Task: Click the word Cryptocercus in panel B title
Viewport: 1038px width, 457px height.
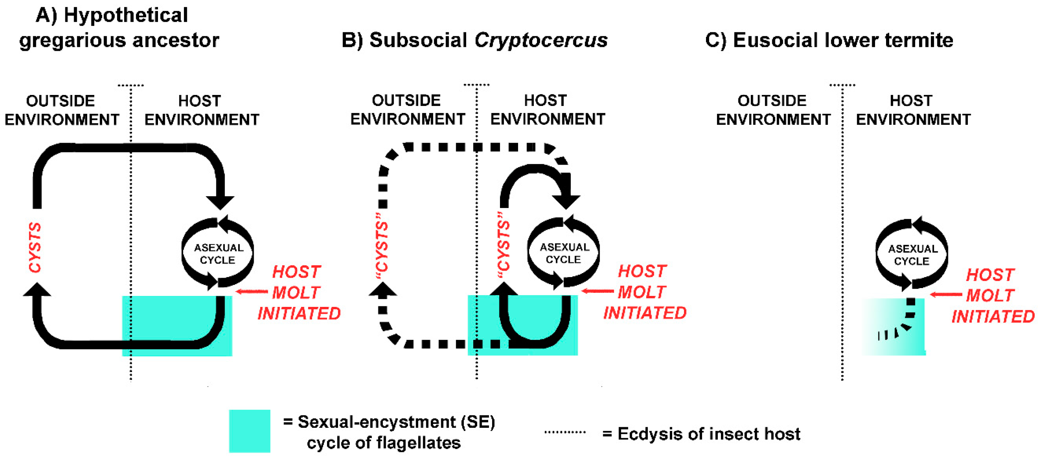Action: point(541,40)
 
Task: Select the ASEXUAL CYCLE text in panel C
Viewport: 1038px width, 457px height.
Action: point(913,255)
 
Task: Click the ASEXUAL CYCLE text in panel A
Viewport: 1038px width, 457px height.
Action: point(218,254)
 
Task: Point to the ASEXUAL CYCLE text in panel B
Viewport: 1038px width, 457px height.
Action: point(564,253)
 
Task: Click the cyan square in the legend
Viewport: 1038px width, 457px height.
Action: point(249,431)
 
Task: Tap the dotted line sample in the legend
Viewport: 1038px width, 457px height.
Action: point(564,432)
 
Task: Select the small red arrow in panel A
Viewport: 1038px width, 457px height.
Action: point(252,291)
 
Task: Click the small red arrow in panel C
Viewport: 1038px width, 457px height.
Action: point(945,295)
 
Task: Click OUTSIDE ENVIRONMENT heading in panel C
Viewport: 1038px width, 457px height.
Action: point(773,110)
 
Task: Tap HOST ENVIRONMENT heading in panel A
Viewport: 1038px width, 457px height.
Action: point(201,110)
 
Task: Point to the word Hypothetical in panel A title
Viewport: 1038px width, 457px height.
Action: point(126,15)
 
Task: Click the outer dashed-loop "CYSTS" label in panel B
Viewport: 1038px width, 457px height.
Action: point(381,246)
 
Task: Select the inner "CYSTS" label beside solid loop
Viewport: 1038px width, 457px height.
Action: point(503,246)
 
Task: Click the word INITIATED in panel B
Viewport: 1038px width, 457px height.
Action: point(644,313)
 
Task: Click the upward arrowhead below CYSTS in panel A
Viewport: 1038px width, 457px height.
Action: point(37,290)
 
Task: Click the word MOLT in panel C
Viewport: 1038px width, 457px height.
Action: point(990,296)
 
